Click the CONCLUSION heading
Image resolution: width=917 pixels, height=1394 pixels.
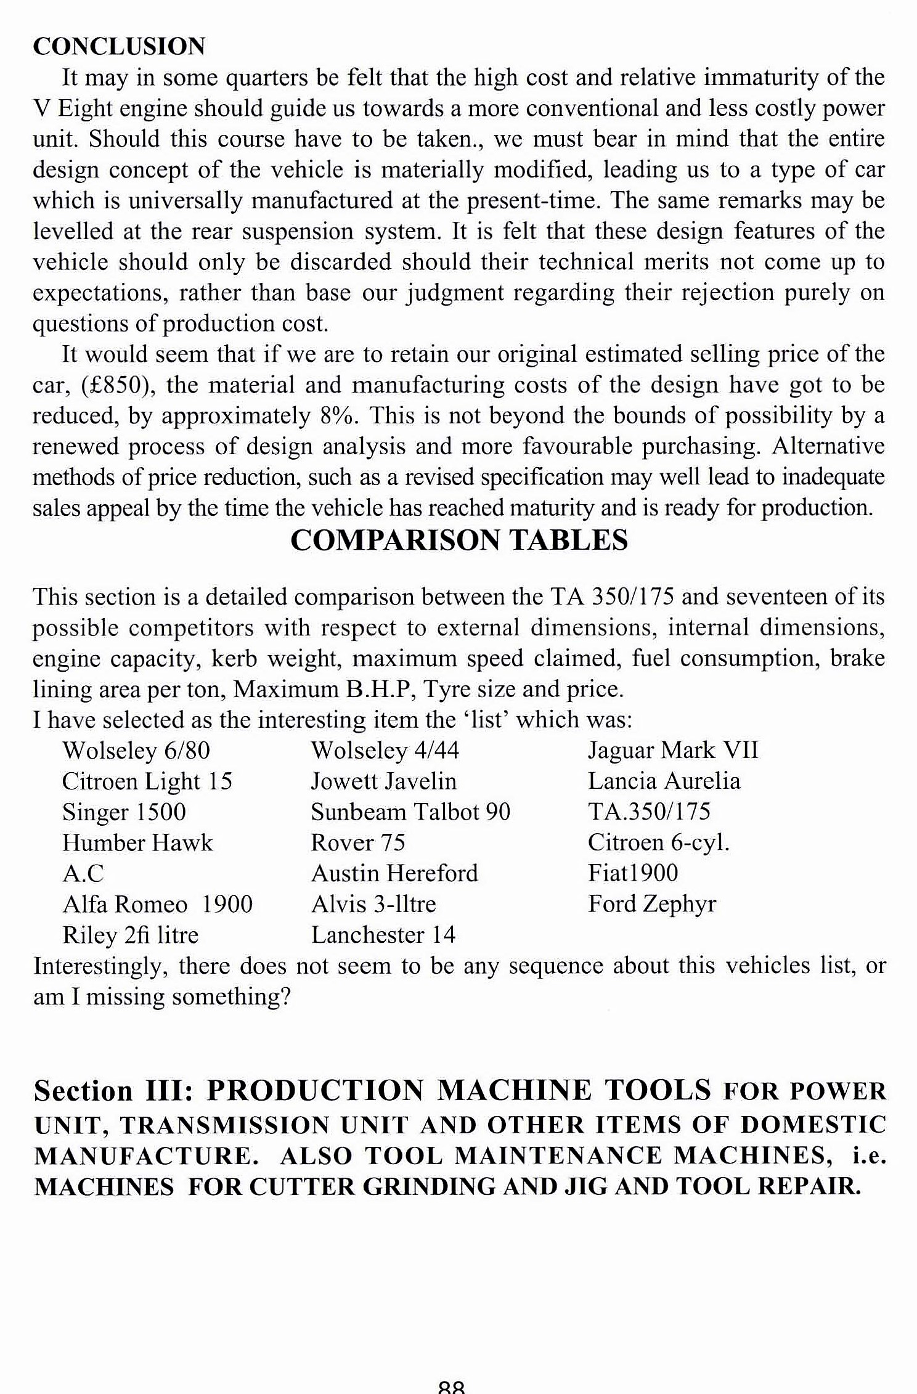(x=119, y=47)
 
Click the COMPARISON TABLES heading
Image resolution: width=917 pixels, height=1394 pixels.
(x=459, y=540)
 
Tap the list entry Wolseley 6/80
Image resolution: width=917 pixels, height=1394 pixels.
(x=136, y=751)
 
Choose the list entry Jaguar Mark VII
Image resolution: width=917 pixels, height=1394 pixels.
(x=673, y=751)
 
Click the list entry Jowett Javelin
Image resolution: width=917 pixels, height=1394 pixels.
(x=383, y=781)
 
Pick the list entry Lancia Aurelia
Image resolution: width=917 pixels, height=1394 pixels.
(x=664, y=781)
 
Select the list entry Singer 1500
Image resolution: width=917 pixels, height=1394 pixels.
(x=124, y=812)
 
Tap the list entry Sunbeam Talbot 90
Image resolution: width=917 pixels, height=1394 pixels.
(x=410, y=812)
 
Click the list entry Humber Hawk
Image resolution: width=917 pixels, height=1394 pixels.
(x=137, y=843)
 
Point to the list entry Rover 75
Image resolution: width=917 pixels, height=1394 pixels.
(x=358, y=843)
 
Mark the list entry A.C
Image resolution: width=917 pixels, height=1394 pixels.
(x=83, y=874)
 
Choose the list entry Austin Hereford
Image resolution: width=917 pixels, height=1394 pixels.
(x=394, y=874)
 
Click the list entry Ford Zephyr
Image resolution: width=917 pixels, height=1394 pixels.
(x=652, y=904)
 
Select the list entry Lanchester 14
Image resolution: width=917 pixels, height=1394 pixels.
(x=383, y=935)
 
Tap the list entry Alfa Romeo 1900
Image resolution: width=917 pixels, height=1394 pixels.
(x=158, y=905)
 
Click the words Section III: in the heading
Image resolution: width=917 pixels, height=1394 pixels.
(x=114, y=1091)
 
